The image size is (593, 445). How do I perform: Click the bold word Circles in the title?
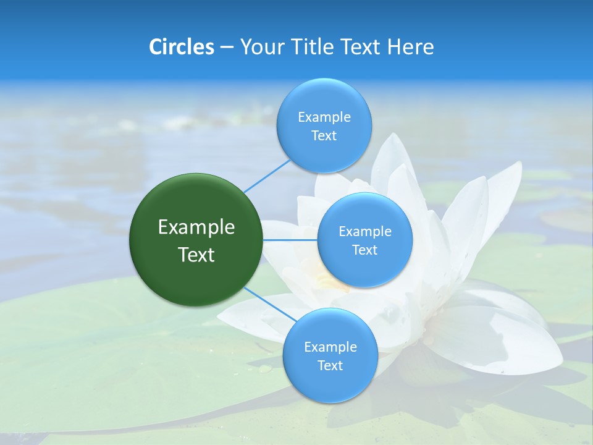(182, 47)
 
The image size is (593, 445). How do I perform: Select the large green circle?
(196, 240)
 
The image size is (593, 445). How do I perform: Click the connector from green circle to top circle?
(267, 175)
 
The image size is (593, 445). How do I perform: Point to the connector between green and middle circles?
(290, 240)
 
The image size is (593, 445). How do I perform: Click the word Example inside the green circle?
(196, 227)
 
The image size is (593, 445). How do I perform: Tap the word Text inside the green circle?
(196, 255)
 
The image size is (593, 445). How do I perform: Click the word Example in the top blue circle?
(324, 117)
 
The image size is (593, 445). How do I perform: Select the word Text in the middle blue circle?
(364, 250)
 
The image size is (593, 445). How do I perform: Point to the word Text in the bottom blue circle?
(330, 366)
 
